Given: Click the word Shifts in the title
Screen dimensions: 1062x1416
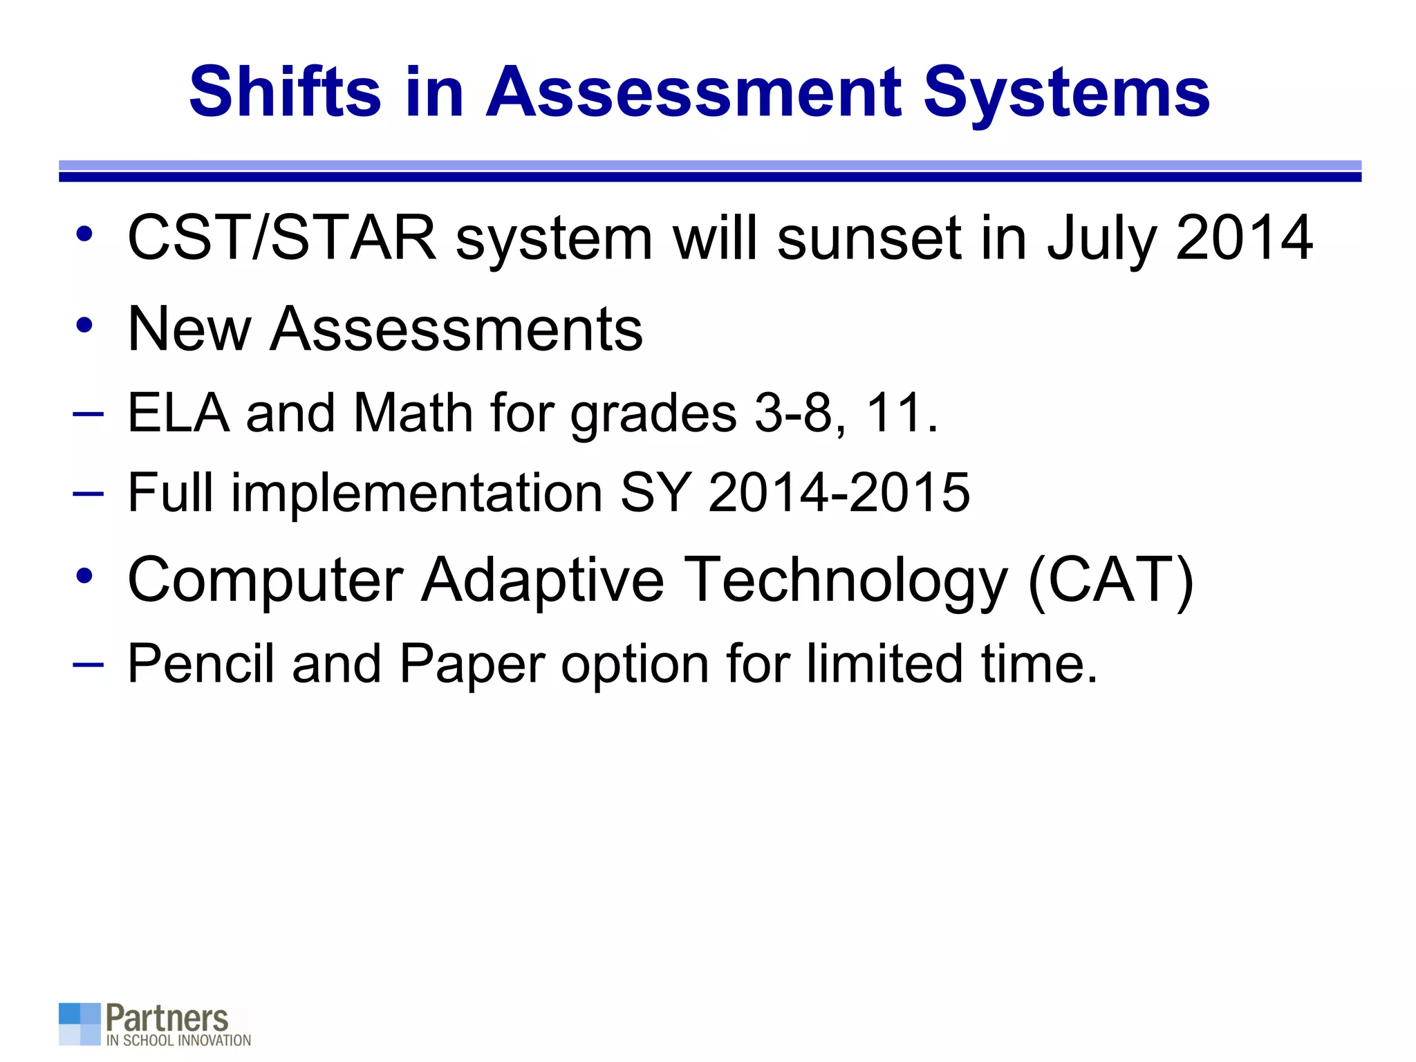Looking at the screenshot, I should click(x=285, y=92).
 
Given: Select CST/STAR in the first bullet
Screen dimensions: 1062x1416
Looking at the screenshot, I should click(x=282, y=238).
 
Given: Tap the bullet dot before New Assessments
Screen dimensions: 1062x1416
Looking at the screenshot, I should click(x=84, y=324).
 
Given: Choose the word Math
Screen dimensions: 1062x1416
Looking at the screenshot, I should click(x=413, y=413).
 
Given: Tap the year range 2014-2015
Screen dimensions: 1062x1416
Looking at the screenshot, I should click(x=839, y=492).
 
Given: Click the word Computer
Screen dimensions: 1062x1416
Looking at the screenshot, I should click(x=265, y=581).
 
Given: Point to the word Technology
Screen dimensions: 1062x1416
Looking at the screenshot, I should click(x=845, y=581).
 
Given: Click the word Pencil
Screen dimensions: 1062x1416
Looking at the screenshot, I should click(x=201, y=664).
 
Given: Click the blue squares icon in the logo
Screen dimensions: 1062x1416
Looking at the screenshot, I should click(x=80, y=1024).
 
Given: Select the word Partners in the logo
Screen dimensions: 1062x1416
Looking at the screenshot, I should click(x=167, y=1018).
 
